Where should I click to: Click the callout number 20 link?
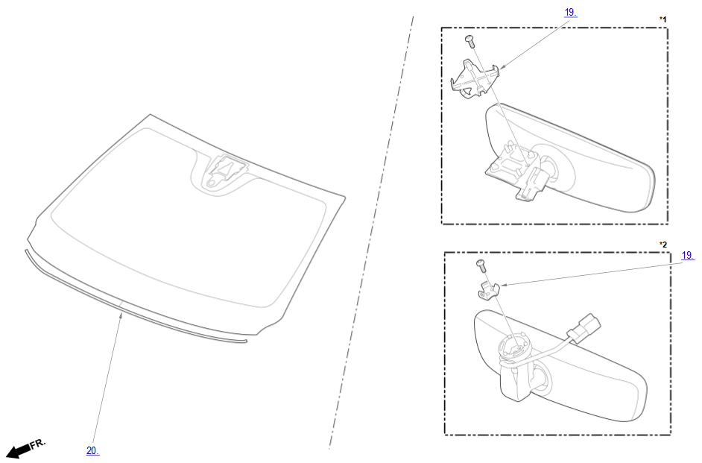point(92,451)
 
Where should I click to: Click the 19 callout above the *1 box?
point(570,13)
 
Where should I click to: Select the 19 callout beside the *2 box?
point(688,255)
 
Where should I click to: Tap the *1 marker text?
point(663,19)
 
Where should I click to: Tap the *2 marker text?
point(663,245)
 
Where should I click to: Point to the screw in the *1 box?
point(469,40)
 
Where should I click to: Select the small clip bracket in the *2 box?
point(487,291)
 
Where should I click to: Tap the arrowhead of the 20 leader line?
point(121,315)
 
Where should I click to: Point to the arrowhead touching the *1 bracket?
point(502,67)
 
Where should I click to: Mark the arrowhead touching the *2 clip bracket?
point(502,285)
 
